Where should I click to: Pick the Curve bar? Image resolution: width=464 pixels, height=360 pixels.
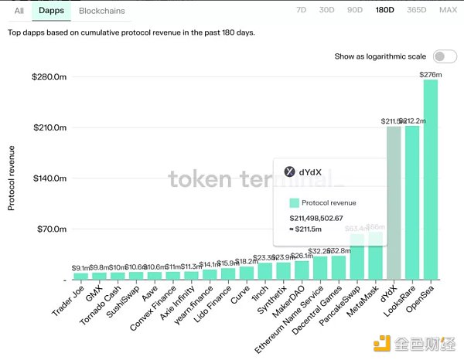pos(246,272)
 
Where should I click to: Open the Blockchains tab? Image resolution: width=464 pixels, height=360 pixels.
pos(102,11)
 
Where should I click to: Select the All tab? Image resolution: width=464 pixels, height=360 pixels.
pos(19,11)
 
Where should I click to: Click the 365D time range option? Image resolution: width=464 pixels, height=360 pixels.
pos(415,11)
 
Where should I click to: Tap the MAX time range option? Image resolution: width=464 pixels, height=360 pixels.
pos(448,11)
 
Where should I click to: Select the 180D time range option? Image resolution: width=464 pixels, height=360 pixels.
pos(384,11)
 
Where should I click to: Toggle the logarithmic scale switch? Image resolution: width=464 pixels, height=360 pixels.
pos(445,56)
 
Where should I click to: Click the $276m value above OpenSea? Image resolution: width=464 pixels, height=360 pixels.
pos(430,74)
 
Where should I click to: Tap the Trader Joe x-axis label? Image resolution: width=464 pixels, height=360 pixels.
pos(69,302)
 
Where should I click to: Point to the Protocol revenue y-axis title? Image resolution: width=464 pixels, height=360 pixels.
pos(12,177)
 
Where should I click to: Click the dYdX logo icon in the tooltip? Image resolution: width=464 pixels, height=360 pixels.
pos(290,172)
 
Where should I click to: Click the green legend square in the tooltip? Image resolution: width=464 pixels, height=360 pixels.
pos(294,202)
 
